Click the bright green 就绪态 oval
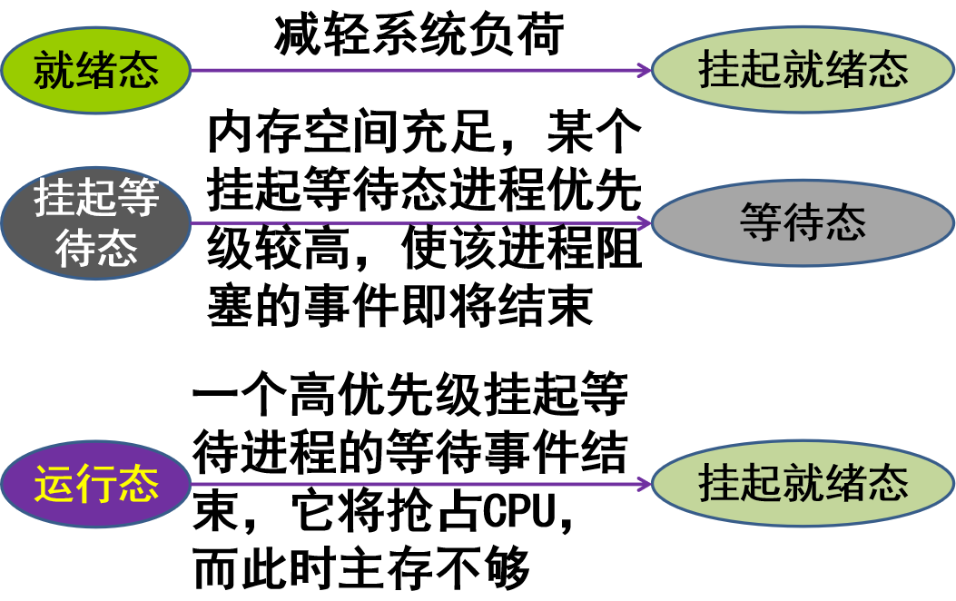[95, 70]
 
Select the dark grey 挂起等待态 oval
[95, 222]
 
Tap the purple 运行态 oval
[95, 484]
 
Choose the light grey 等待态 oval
[803, 222]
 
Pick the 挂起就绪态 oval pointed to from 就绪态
[803, 70]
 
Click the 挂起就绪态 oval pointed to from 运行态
[803, 484]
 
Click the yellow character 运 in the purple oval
[54, 484]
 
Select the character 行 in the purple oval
[96, 484]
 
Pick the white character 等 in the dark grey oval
[138, 198]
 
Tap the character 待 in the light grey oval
[803, 222]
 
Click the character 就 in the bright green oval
[54, 70]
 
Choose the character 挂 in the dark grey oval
[54, 198]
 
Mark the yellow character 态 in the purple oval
[138, 484]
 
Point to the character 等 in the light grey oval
[761, 222]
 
